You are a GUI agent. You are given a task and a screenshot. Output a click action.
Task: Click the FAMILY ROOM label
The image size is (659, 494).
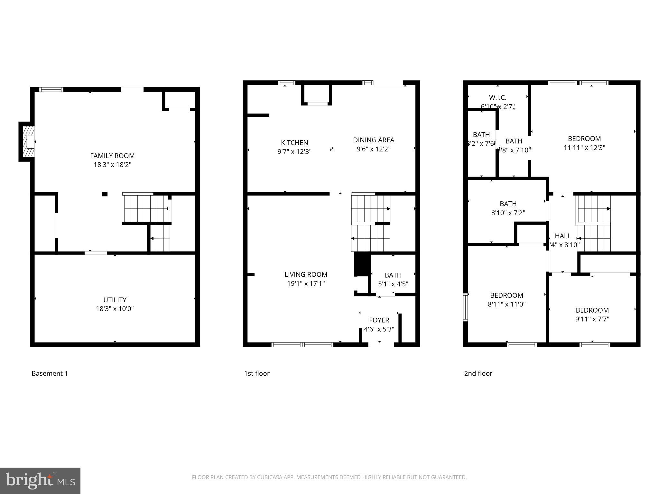[x=112, y=156]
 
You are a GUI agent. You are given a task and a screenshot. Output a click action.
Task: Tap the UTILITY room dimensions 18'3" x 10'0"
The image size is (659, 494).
[x=115, y=309]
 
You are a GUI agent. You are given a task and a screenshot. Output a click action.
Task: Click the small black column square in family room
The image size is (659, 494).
[x=105, y=194]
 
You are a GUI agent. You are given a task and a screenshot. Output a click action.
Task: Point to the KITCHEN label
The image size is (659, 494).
[x=294, y=143]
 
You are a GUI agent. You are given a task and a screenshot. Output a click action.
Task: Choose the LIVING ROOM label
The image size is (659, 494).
[x=306, y=275]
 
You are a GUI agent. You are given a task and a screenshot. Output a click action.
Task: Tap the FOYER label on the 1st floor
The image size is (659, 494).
[x=379, y=320]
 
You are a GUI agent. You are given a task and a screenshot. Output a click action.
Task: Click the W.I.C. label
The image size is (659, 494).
[x=497, y=98]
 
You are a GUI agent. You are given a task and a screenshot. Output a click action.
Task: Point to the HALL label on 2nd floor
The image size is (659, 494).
[x=562, y=236]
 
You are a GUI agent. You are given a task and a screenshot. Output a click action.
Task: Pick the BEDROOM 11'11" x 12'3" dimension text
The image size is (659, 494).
[x=584, y=148]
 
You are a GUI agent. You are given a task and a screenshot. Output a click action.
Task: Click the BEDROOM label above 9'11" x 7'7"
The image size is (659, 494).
[x=592, y=310]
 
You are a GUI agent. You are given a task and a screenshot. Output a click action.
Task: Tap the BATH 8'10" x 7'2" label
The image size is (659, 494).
[x=508, y=204]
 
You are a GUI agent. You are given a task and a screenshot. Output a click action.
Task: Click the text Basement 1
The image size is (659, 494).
[x=50, y=374]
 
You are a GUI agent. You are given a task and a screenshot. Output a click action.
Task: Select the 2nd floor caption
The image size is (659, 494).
[x=478, y=374]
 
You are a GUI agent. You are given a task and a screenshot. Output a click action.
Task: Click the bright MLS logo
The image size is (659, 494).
[x=40, y=480]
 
